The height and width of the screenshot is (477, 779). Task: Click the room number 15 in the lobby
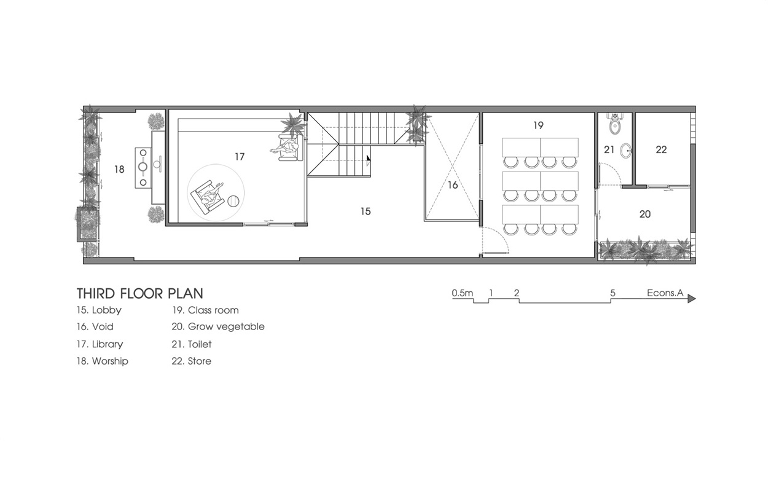point(366,211)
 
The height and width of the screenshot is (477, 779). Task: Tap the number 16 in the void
point(452,185)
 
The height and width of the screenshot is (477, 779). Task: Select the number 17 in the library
point(240,157)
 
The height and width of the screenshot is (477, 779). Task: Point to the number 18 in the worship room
point(119,170)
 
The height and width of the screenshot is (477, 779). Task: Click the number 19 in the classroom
point(538,125)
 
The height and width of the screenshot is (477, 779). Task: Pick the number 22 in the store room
point(661,149)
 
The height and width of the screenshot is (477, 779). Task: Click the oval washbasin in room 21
point(626,151)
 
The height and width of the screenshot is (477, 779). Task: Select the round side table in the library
point(233,201)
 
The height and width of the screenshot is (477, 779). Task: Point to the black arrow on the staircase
point(368,159)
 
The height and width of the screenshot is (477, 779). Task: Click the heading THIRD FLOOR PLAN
point(140,294)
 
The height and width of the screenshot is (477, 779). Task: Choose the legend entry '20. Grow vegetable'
point(218,326)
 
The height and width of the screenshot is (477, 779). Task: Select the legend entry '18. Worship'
point(102,361)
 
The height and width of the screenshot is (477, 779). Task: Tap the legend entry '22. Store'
point(191,361)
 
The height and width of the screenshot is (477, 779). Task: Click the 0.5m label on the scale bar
point(463,293)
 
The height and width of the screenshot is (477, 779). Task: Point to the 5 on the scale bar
point(613,293)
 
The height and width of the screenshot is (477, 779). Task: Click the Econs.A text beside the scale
point(665,293)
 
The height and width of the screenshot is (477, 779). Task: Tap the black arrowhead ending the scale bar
point(691,299)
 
